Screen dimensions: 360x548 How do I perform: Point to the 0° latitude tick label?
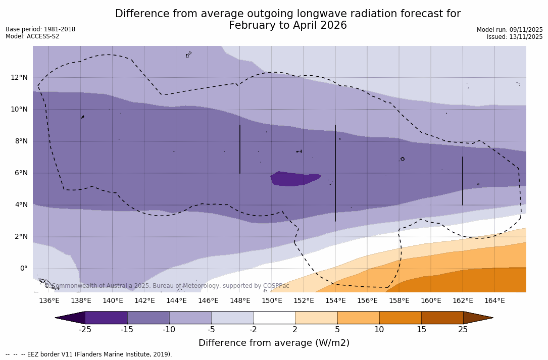coord(23,269)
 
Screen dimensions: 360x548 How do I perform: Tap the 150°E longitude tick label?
coord(272,301)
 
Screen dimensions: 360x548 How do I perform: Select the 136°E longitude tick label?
coord(49,301)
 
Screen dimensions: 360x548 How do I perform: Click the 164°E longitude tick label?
coord(494,301)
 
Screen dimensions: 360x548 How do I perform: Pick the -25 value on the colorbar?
coord(85,330)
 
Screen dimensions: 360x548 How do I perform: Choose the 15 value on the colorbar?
coord(421,330)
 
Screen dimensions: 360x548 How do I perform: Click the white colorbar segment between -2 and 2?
coord(274,318)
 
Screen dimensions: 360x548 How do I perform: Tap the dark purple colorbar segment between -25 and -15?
coord(106,318)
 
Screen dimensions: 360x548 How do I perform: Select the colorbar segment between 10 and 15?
coord(400,318)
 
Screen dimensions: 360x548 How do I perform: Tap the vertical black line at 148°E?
coord(240,149)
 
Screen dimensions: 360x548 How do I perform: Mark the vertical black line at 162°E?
coord(462,181)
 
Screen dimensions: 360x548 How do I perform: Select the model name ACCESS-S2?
coord(43,36)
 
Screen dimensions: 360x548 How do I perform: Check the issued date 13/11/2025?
coord(525,37)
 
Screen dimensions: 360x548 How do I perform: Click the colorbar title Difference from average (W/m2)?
coord(274,343)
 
